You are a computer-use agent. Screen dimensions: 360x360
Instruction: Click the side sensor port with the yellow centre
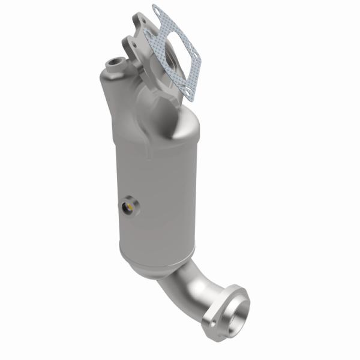click(x=128, y=207)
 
